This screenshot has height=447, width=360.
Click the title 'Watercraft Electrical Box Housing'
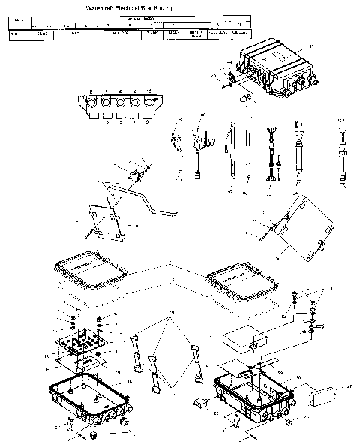tap(120, 6)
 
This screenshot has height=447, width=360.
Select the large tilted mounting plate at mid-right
tap(304, 227)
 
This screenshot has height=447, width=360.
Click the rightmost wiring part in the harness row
tap(341, 157)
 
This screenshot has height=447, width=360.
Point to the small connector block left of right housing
tap(200, 400)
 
